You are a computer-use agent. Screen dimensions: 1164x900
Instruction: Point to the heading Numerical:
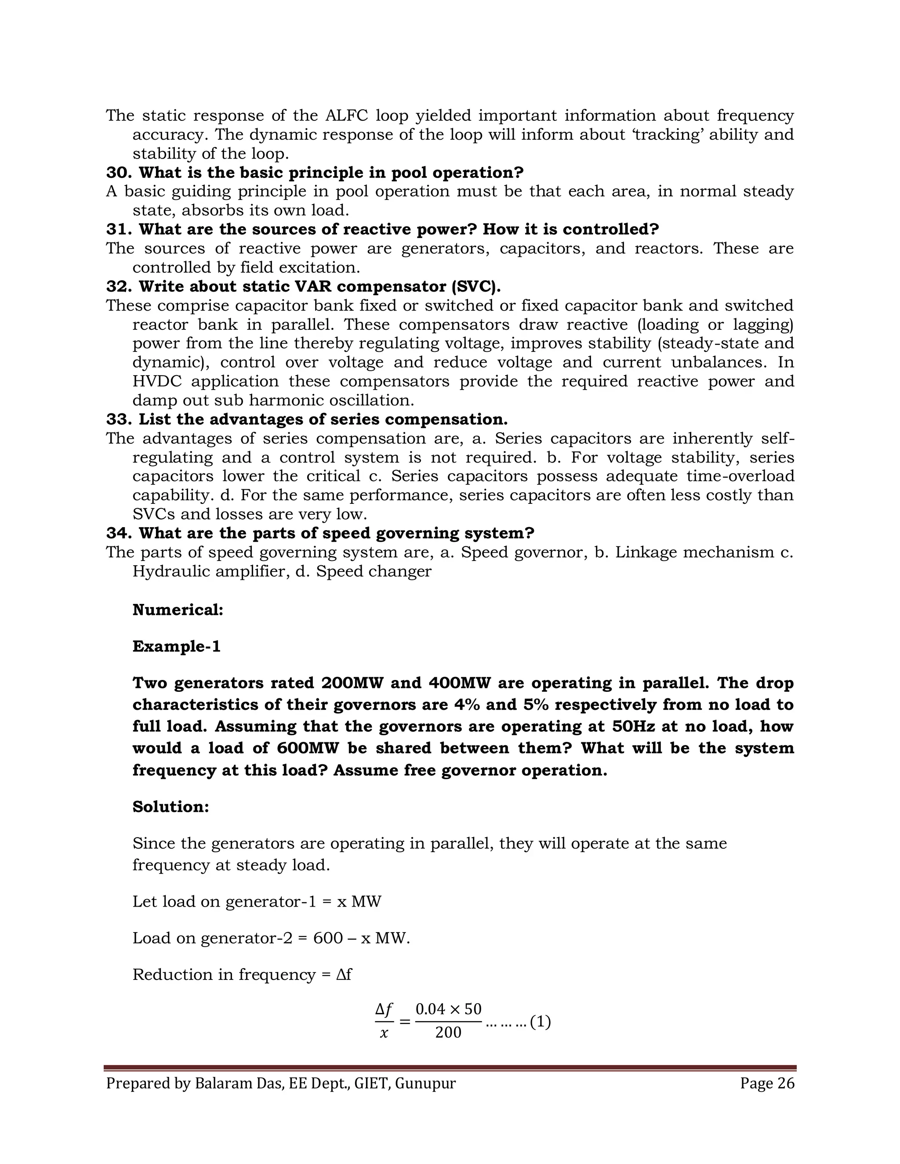[x=178, y=610]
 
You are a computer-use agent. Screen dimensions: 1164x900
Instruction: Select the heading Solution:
[x=171, y=807]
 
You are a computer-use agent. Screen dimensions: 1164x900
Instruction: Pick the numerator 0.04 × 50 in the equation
[x=448, y=1009]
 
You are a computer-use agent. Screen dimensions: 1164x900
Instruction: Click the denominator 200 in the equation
[x=448, y=1033]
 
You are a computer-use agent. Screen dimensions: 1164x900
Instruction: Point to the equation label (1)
[x=540, y=1022]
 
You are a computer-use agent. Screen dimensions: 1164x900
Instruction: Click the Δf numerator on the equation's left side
[x=384, y=1009]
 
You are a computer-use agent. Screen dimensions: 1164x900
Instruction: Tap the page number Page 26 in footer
[x=767, y=1084]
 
